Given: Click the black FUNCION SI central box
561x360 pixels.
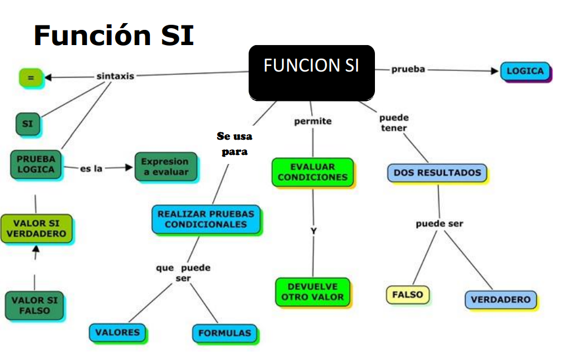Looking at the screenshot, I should (311, 73).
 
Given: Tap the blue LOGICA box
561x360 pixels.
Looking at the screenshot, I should (525, 72).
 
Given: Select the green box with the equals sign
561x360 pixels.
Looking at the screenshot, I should (30, 78).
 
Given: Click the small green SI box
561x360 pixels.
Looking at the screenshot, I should (28, 124).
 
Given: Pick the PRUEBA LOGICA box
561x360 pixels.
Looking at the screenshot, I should (36, 164).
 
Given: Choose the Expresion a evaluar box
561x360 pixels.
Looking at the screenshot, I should (165, 167).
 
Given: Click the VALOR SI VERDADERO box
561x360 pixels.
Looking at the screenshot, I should (36, 228).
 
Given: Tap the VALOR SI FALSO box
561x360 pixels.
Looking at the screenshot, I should (34, 305).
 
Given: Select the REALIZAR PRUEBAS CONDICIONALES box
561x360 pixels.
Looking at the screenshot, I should (206, 219).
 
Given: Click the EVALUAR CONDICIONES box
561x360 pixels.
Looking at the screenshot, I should (312, 172).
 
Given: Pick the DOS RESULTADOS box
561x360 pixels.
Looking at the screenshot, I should (437, 173).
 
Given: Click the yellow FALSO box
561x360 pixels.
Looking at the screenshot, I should (407, 295).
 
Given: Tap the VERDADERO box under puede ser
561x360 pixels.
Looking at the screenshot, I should (501, 300).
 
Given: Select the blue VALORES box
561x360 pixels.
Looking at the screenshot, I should (117, 332).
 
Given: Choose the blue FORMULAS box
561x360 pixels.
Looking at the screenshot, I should (224, 333).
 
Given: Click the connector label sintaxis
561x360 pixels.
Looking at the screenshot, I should (115, 75).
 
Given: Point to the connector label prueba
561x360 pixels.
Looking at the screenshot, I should (408, 69).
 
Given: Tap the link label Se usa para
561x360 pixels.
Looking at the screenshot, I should (235, 144).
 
